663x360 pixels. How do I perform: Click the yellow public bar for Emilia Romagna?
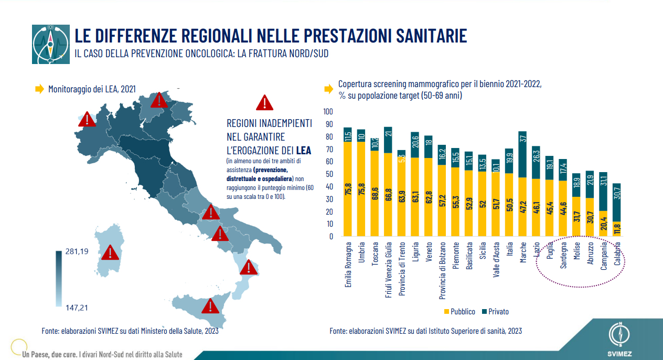(x=347, y=189)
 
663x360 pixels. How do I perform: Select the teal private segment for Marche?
(x=522, y=154)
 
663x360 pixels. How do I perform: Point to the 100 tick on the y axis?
(x=328, y=112)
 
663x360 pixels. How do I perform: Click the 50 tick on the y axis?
(x=328, y=174)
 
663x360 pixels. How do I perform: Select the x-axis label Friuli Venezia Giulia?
(x=389, y=270)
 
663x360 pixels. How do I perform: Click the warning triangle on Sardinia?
(x=110, y=252)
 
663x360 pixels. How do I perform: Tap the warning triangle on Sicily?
(x=210, y=305)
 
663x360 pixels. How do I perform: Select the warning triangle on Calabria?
(x=248, y=268)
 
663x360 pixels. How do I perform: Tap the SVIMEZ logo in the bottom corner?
(x=622, y=338)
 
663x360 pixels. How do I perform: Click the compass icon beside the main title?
(x=51, y=44)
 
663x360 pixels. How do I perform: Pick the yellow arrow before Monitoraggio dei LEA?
(x=39, y=89)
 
